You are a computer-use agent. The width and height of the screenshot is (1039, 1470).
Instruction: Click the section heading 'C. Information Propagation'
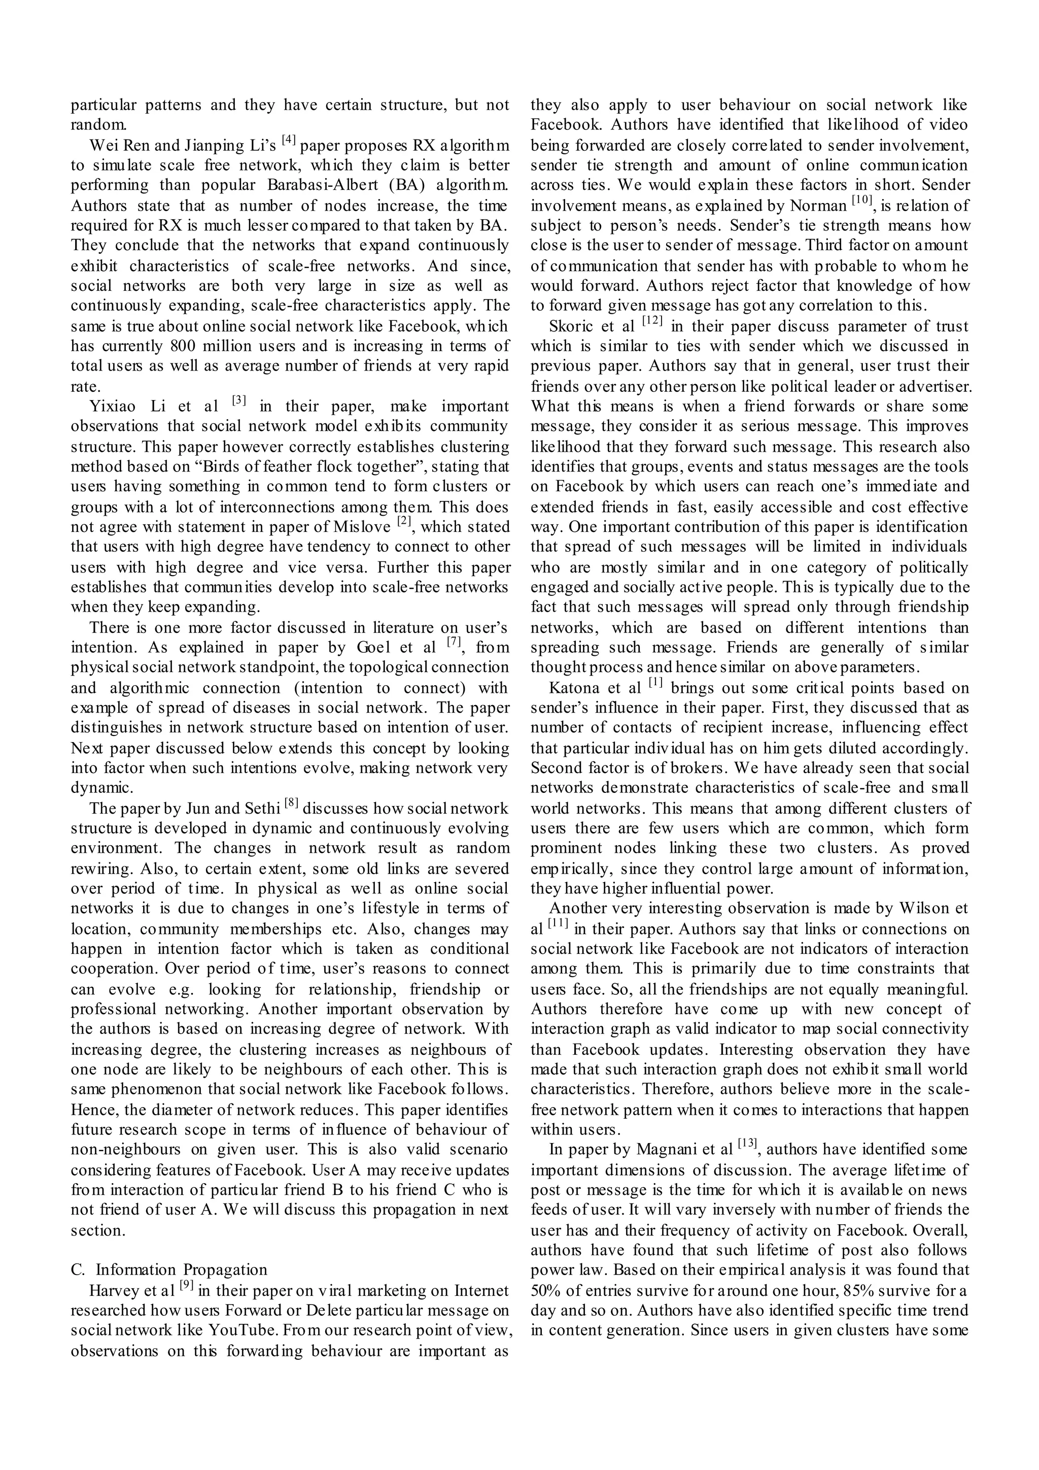coord(169,1269)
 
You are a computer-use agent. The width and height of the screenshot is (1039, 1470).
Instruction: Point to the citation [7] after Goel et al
coord(453,642)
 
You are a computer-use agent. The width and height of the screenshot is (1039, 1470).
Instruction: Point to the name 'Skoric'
coord(572,326)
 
